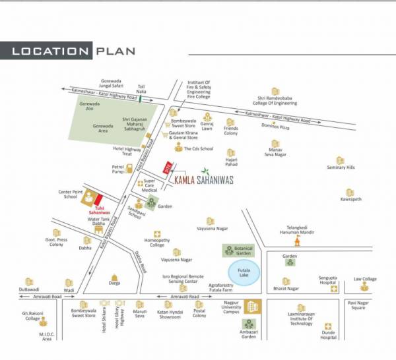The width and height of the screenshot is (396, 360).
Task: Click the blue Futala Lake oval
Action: tap(244, 272)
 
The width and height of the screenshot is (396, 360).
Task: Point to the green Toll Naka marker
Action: tap(140, 99)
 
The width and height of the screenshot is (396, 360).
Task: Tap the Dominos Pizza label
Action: tap(276, 127)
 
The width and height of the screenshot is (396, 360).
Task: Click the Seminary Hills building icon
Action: tap(340, 160)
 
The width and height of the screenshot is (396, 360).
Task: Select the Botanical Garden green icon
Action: tap(229, 250)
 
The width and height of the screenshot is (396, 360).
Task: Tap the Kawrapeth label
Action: tap(351, 198)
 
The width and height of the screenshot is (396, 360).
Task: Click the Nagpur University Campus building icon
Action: tap(252, 307)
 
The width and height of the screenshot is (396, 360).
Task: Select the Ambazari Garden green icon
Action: tap(249, 324)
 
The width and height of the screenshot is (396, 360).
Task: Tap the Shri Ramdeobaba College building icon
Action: tap(276, 91)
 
